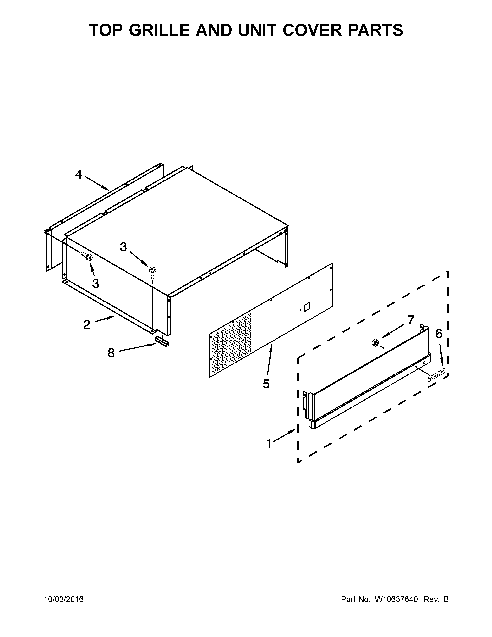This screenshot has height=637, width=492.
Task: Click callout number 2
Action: [87, 325]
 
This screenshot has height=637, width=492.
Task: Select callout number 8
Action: [111, 353]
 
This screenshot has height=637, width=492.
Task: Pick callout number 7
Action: [411, 320]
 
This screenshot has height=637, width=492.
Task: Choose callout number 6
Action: [439, 334]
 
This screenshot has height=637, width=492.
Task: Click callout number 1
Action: [269, 444]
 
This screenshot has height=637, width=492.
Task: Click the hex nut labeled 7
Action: [375, 342]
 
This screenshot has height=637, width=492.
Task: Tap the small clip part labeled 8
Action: [162, 340]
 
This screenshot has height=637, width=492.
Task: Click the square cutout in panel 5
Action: [307, 307]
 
